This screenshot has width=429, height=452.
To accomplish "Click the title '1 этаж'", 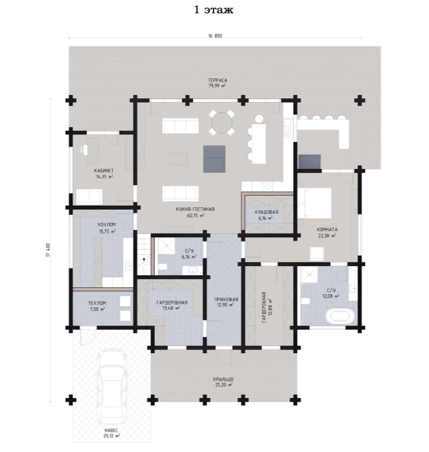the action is (214, 10).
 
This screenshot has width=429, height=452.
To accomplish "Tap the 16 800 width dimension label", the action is (215, 36).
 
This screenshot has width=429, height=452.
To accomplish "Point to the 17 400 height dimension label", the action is (48, 250).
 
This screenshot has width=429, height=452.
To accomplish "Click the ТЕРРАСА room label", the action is (217, 80).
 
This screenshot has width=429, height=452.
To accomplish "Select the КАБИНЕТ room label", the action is (104, 171).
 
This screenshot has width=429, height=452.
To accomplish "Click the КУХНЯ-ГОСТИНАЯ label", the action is (195, 209).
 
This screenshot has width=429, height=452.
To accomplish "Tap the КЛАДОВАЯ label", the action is (267, 212).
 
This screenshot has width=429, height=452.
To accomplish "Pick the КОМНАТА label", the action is (327, 230).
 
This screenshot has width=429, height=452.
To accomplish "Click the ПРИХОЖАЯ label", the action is (226, 300).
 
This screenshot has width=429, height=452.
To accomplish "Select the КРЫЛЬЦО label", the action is (223, 379).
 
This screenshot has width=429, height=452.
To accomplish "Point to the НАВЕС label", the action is (111, 430).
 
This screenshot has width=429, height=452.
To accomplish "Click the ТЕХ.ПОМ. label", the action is (97, 303).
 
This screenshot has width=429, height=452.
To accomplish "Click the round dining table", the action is (222, 122).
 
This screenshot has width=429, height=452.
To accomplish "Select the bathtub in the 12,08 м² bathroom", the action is (339, 316).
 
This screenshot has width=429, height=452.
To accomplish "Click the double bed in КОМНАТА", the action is (315, 203).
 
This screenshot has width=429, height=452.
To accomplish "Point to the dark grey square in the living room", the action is (214, 159).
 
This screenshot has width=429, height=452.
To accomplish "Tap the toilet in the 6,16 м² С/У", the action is (162, 266).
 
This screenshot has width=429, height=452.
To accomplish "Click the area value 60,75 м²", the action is (196, 215).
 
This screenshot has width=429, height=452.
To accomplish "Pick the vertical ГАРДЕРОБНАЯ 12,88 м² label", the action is (267, 307).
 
